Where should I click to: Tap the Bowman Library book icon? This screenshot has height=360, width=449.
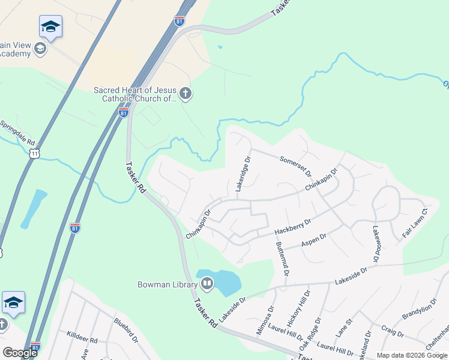point(207,283)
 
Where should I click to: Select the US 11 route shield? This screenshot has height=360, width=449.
point(35,154)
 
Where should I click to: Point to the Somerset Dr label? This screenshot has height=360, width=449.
point(296,167)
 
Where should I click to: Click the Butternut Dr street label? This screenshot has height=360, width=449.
point(282,259)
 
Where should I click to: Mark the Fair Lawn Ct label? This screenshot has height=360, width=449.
point(414,223)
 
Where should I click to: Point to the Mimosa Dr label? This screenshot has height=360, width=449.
point(265,319)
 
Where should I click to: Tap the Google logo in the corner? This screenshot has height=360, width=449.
point(20,352)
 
